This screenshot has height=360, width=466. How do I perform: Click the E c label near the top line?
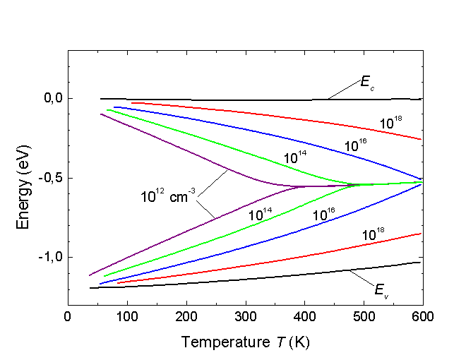366,83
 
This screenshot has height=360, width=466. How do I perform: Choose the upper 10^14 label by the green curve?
298,159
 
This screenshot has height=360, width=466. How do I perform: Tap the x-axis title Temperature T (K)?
245,342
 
